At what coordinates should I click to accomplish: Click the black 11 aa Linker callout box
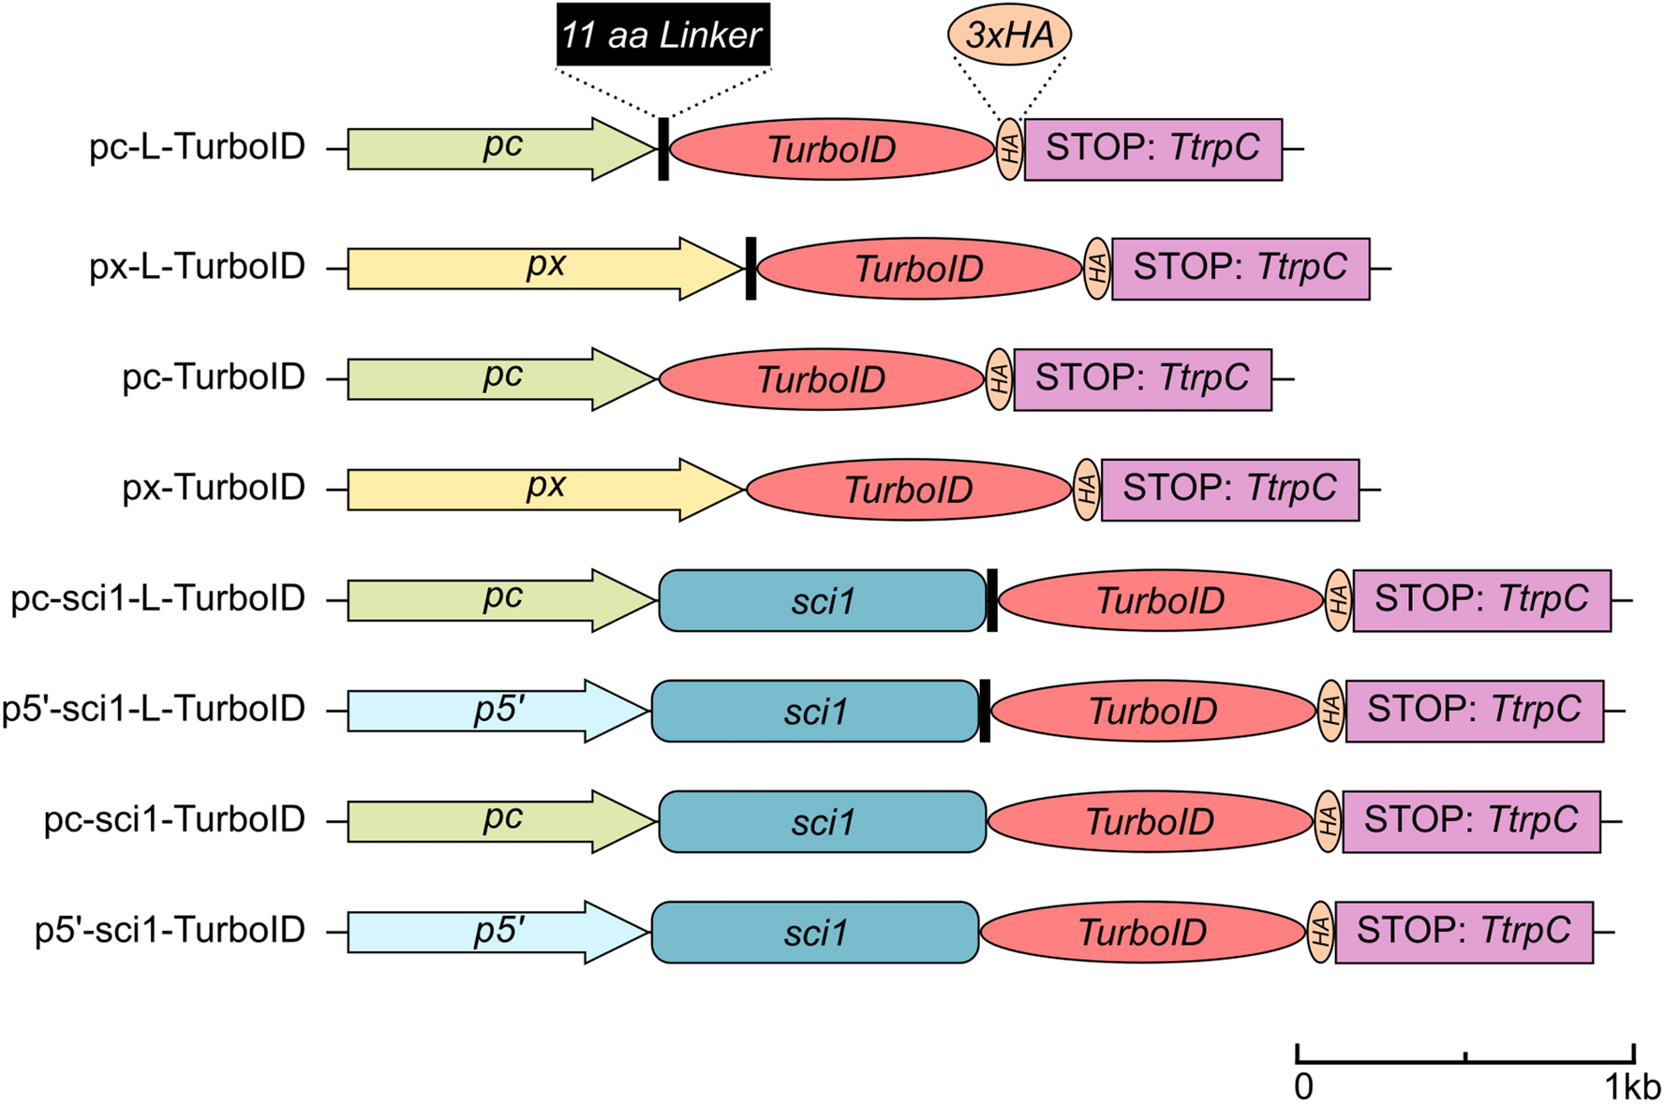click(662, 36)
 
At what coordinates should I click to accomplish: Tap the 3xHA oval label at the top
click(1009, 36)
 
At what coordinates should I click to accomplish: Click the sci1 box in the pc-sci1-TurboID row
click(822, 822)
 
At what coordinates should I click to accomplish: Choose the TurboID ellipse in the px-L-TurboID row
click(918, 269)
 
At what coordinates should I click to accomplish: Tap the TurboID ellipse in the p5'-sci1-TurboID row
click(1142, 933)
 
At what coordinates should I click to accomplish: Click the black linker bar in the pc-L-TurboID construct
click(663, 149)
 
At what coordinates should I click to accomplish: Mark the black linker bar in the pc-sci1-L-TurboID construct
click(992, 600)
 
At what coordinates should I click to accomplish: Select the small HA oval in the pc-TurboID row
click(999, 379)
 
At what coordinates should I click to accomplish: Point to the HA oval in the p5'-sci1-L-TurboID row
click(1330, 712)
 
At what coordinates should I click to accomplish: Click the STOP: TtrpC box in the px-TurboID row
click(1229, 490)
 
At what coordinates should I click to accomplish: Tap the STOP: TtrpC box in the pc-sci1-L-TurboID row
click(1481, 600)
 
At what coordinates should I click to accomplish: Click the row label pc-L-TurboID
click(197, 147)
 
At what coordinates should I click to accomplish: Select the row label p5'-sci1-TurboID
click(170, 931)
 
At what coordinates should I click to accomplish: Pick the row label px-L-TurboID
click(197, 267)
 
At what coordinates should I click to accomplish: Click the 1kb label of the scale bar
click(1631, 1087)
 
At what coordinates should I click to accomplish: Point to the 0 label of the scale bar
click(1303, 1087)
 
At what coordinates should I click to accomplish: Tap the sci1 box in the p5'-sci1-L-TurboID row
click(814, 712)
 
